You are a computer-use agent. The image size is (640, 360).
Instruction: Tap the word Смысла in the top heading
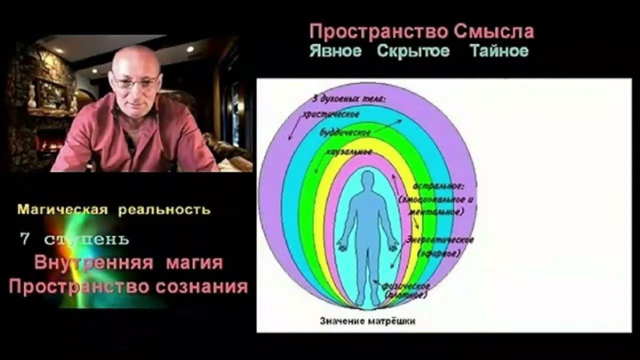[494, 32]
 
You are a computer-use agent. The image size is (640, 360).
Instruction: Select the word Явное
[335, 51]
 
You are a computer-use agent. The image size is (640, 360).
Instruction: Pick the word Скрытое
[413, 51]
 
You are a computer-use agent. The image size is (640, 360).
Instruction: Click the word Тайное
[499, 51]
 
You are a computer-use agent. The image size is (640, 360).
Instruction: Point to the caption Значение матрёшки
[367, 321]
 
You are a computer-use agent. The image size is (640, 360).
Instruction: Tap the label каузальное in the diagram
[348, 151]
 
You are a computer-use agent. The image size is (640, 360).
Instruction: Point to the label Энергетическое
[440, 240]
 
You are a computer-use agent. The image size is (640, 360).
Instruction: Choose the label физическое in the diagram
[406, 286]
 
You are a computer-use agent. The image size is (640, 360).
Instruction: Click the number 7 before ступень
[24, 239]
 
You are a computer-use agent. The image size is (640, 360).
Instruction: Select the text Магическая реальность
[114, 209]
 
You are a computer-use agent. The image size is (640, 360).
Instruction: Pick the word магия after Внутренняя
[194, 262]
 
